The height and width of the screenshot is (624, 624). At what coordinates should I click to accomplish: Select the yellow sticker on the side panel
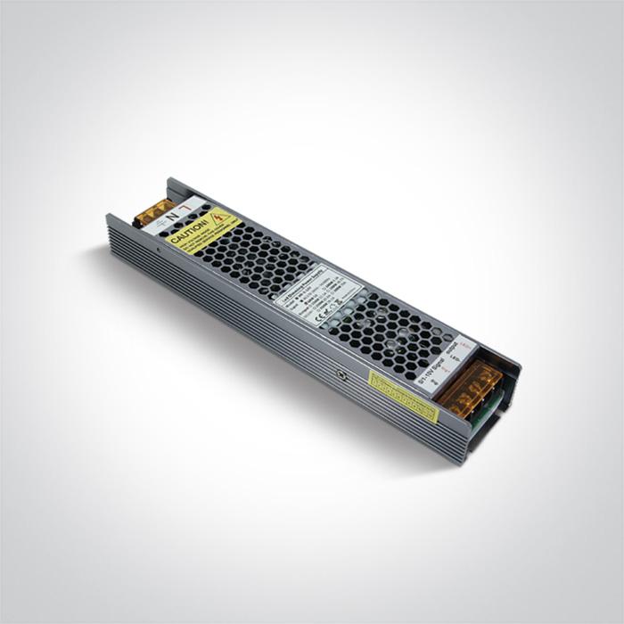click(403, 395)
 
